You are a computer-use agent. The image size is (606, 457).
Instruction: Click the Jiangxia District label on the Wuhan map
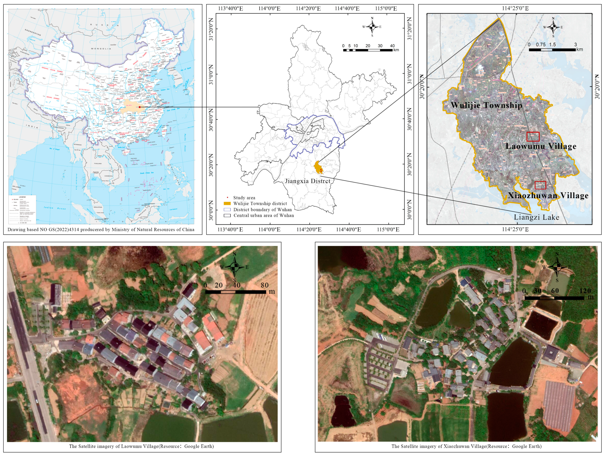[307, 181]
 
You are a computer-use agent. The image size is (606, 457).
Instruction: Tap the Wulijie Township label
[486, 105]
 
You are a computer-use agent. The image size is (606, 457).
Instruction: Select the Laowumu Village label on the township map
[541, 146]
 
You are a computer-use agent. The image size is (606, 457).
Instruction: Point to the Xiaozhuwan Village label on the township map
[548, 195]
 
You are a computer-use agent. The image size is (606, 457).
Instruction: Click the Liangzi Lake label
[536, 217]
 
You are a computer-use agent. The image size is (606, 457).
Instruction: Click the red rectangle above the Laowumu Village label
[533, 136]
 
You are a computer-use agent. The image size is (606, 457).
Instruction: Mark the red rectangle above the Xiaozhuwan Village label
[540, 185]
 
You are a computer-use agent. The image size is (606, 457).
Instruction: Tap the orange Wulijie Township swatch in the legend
[227, 204]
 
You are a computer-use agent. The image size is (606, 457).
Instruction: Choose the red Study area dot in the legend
[227, 197]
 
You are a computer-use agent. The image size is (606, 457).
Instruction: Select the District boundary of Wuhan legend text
[262, 209]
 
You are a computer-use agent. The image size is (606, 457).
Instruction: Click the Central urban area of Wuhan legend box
[227, 215]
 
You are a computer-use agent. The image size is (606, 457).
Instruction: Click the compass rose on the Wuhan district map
[372, 27]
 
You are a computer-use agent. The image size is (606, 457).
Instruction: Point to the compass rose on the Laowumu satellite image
[234, 267]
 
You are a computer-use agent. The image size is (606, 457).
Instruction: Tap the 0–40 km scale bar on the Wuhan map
[368, 50]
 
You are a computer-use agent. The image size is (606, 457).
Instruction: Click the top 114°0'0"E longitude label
[269, 8]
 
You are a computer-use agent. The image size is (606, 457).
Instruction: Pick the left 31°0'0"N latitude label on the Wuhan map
[211, 74]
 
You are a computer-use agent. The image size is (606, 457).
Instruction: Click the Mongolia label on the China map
[101, 49]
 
